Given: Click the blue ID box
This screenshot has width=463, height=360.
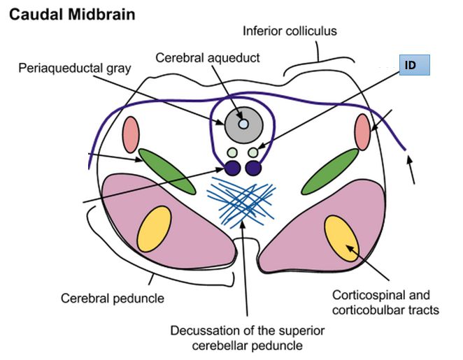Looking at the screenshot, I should click(x=413, y=65).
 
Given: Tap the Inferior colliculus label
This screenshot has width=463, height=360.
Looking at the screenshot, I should click(x=289, y=31).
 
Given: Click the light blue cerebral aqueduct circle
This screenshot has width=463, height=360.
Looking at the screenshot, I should click(x=243, y=123).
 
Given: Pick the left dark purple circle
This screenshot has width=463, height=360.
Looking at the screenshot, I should click(x=232, y=168).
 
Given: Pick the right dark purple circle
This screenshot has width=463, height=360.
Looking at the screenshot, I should click(x=253, y=168).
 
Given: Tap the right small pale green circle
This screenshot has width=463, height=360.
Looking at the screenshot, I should click(x=252, y=152).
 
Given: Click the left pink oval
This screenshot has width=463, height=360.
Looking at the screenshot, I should click(x=131, y=133).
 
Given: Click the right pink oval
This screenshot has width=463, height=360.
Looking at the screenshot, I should click(x=362, y=131).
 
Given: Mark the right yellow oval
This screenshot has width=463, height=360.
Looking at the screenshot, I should click(x=342, y=236).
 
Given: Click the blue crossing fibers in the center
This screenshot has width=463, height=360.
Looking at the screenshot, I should click(x=242, y=200).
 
